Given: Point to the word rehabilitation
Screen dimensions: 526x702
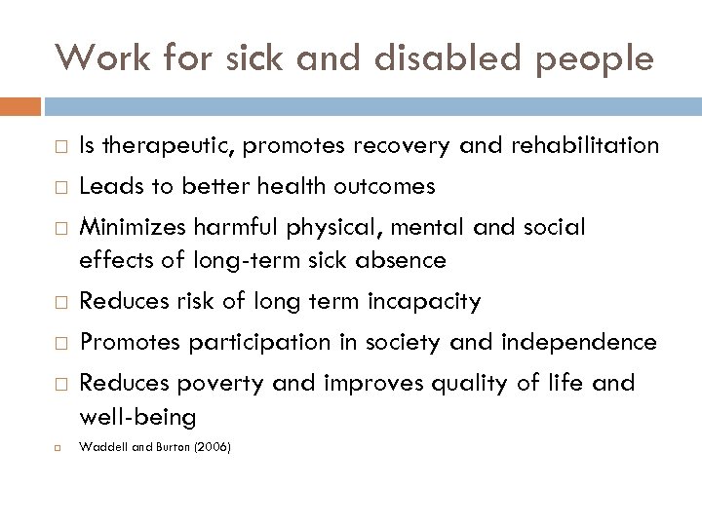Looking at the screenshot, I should pyautogui.click(x=581, y=146).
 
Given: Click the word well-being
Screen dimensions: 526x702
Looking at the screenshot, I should pyautogui.click(x=137, y=417).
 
